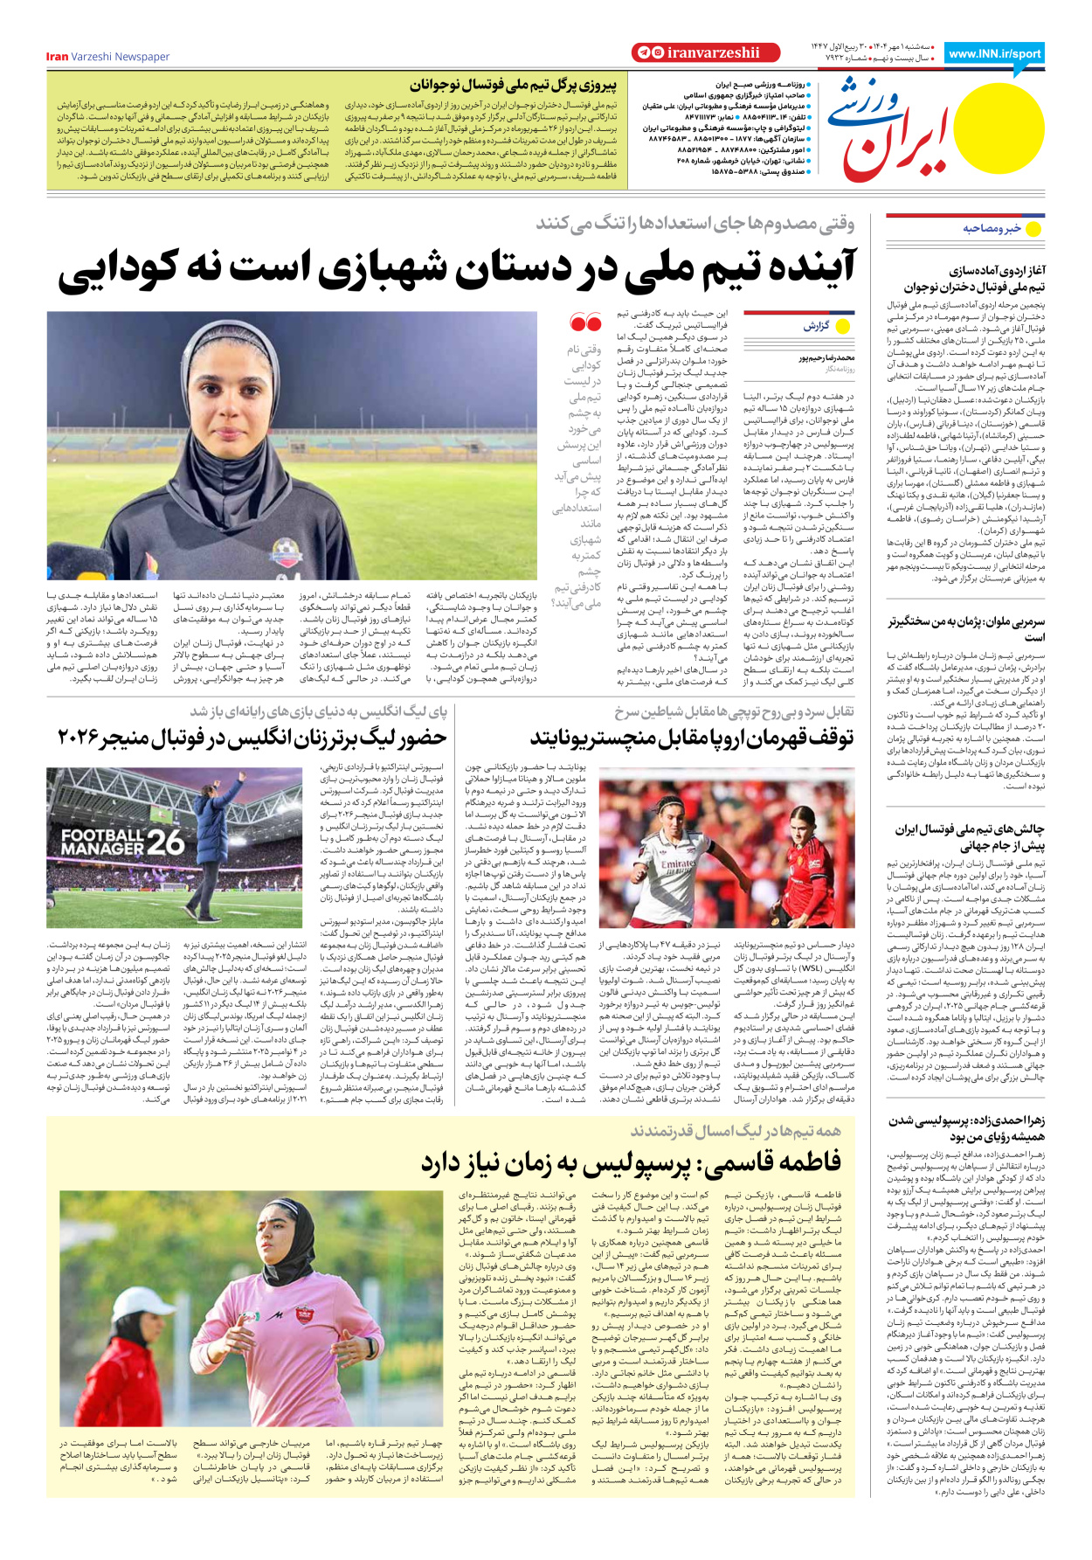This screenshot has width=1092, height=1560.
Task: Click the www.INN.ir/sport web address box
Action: (994, 53)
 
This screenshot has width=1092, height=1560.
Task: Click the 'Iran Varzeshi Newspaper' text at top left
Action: (107, 57)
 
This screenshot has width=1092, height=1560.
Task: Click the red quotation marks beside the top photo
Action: (584, 323)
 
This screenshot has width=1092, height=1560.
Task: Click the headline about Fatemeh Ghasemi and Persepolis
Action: (631, 1163)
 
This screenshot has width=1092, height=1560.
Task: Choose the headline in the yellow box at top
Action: (513, 86)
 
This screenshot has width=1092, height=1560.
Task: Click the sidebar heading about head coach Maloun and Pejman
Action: (966, 629)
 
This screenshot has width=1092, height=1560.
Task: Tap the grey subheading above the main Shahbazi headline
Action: (695, 224)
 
